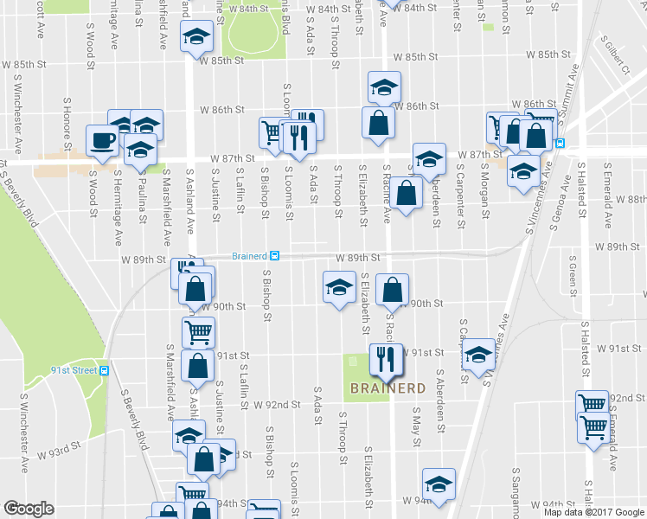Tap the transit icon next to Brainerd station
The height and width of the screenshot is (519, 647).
[x=274, y=255]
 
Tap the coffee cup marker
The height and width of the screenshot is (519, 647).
[x=101, y=141]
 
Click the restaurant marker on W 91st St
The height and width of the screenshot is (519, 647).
[x=383, y=358]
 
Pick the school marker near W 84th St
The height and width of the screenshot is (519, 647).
[x=195, y=37]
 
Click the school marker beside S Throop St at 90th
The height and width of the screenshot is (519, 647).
[x=338, y=286]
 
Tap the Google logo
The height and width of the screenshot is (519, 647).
[x=29, y=509]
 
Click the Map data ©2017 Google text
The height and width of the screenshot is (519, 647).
[x=593, y=511]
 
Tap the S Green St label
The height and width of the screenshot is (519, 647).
[x=573, y=271]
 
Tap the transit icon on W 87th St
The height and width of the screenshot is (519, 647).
[x=560, y=143]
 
